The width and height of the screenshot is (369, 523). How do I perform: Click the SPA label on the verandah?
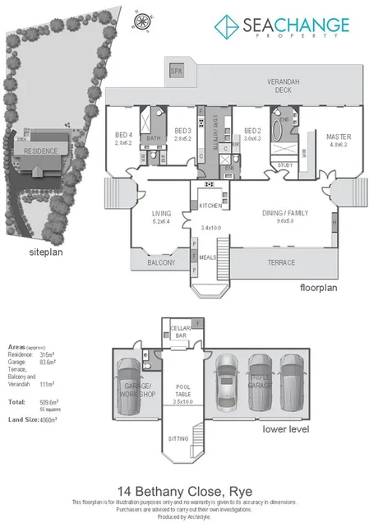point(175,72)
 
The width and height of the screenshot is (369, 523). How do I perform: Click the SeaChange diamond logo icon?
point(227,28)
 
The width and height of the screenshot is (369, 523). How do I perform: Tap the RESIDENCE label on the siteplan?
point(39,152)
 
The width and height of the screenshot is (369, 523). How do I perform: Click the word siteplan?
point(47,252)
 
